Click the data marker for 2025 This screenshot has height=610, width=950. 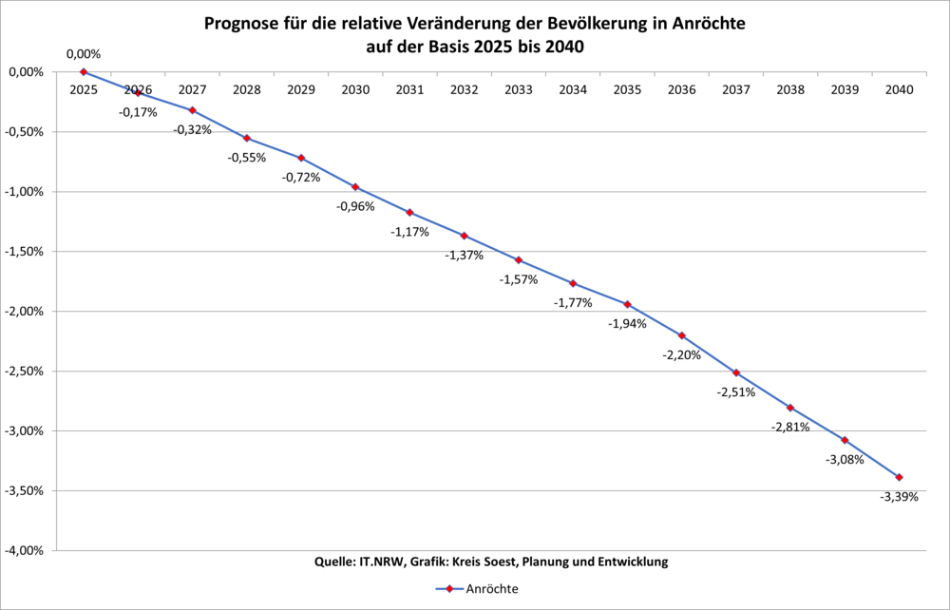point(84,71)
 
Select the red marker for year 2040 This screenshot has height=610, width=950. point(899,477)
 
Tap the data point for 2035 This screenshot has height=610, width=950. point(627,304)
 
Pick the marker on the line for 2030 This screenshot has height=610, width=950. point(355,186)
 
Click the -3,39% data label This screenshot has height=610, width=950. point(899,497)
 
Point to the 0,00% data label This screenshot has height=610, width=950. point(84,54)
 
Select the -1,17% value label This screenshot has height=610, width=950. point(409,231)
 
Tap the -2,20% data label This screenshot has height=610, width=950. point(681,354)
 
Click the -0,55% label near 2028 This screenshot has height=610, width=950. point(246,157)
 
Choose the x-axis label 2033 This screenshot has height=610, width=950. point(519,90)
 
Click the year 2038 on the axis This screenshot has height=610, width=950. point(790,90)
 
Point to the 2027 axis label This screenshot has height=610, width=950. point(192,90)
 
